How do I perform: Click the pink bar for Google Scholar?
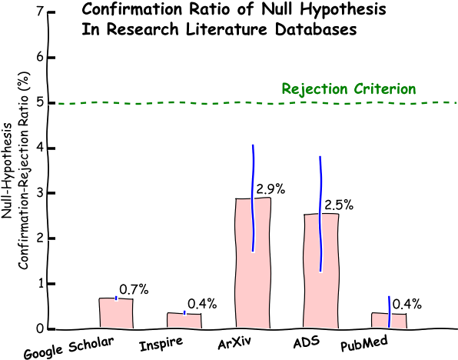pos(116,312)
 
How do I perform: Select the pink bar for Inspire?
pos(184,319)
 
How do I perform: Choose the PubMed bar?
pos(389,319)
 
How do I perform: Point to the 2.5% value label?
pos(339,205)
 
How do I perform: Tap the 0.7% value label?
pos(134,289)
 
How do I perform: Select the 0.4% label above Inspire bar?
pos(202,304)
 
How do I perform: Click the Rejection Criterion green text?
pos(349,89)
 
